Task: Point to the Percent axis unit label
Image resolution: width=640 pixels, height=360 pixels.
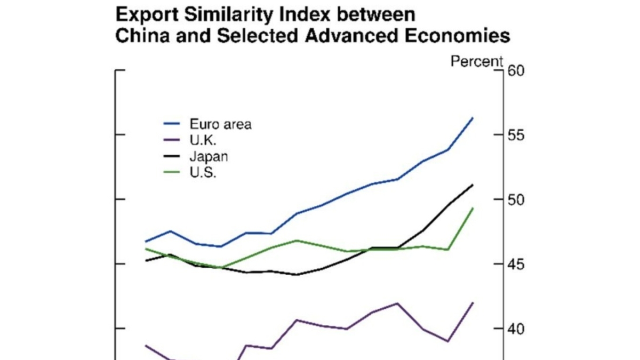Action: pos(477,61)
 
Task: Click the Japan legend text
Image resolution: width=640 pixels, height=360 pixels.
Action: pos(209,156)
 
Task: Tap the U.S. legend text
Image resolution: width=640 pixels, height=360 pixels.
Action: pos(203,172)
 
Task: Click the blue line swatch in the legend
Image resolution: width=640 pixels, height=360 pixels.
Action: pos(173,124)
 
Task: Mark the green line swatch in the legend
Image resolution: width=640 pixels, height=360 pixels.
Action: pos(173,172)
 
